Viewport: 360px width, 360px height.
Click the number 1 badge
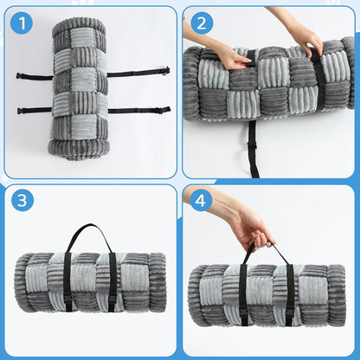22,23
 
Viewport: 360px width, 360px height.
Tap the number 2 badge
202,23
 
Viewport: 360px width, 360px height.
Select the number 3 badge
22,200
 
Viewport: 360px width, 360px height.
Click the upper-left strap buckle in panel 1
20,76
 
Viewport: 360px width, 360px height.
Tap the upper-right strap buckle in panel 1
166,70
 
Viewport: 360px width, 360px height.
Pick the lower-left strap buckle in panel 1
21,111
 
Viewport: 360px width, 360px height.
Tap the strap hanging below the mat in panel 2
253,149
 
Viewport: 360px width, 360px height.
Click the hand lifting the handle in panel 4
254,231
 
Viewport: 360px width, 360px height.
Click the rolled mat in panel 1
79,88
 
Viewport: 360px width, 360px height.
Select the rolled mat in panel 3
90,282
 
